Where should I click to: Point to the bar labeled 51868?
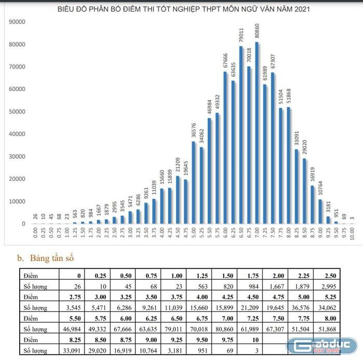click(x=288, y=166)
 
